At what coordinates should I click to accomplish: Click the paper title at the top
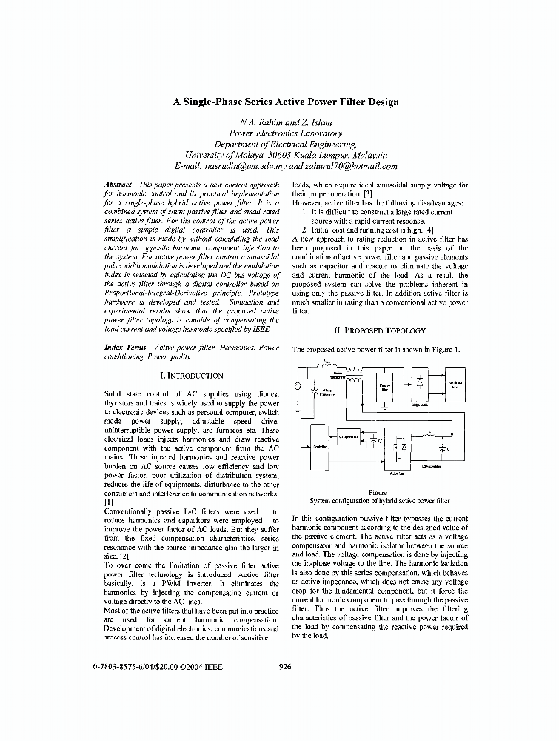click(286, 102)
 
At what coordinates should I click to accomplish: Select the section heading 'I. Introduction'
click(193, 376)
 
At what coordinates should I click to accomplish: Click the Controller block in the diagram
click(321, 448)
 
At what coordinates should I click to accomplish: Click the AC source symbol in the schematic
click(298, 386)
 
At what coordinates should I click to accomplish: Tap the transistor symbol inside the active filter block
click(400, 448)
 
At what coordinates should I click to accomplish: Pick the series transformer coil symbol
click(354, 378)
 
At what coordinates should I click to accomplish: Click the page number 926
click(285, 666)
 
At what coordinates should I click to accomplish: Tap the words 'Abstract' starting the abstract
click(119, 184)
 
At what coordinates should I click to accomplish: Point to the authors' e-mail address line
click(286, 167)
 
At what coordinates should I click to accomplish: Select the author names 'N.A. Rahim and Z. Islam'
click(286, 122)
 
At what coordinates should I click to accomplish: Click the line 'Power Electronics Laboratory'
click(286, 133)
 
